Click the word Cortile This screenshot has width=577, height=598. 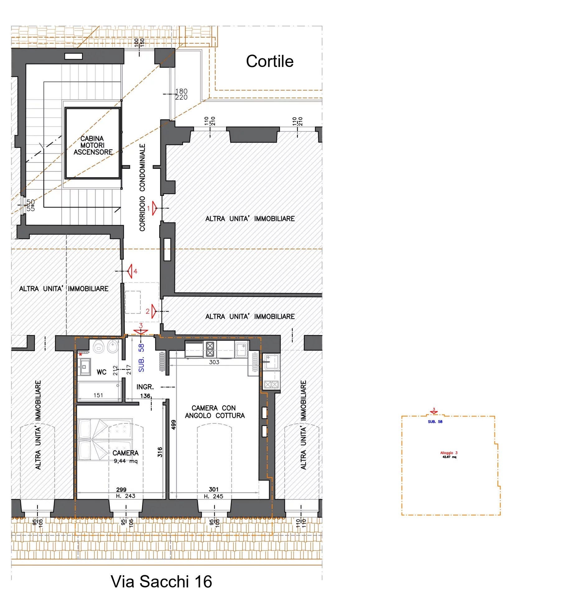click(269, 61)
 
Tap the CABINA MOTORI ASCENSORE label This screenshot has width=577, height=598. click(93, 145)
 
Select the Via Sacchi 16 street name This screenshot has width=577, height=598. click(161, 581)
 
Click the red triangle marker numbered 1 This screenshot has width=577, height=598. click(155, 208)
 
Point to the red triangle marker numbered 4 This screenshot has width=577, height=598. click(129, 271)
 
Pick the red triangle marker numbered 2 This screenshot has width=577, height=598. click(154, 311)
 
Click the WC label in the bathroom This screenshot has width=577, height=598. click(101, 372)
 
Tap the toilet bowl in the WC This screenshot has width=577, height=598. click(99, 347)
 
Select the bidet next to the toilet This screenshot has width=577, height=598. click(113, 347)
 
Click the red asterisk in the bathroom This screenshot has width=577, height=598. click(81, 355)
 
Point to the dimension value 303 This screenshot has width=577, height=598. click(214, 362)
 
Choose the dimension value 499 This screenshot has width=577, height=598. click(174, 425)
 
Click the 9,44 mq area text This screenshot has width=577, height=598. click(126, 461)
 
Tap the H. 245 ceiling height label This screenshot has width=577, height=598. click(213, 496)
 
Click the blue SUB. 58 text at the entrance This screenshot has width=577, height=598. click(141, 358)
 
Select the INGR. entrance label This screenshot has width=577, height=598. click(145, 387)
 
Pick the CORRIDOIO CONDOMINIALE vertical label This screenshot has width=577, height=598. click(142, 187)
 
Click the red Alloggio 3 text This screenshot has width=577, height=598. click(449, 453)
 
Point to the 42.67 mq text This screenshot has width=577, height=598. click(449, 457)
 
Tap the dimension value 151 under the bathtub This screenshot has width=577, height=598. click(98, 395)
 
